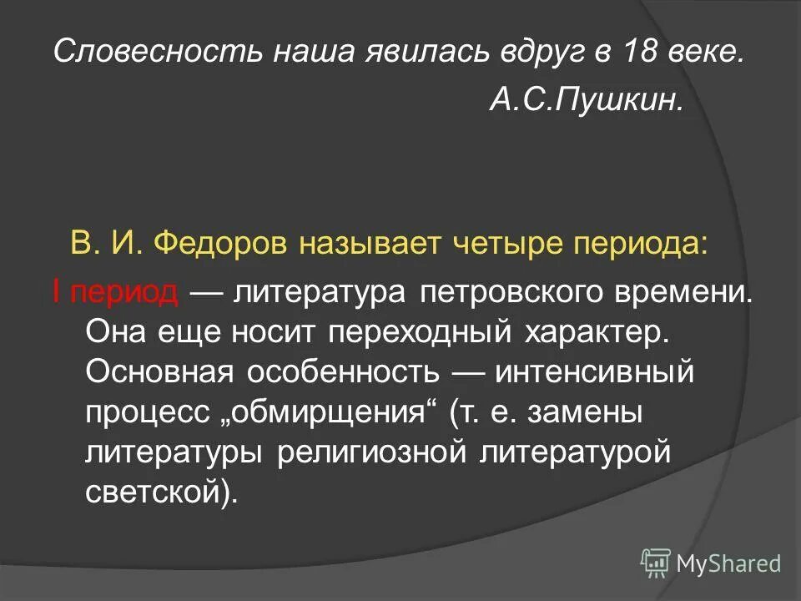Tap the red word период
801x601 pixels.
124,292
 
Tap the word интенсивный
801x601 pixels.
594,371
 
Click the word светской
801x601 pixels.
156,492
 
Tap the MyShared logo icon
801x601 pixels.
656,563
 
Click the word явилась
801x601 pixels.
429,53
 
